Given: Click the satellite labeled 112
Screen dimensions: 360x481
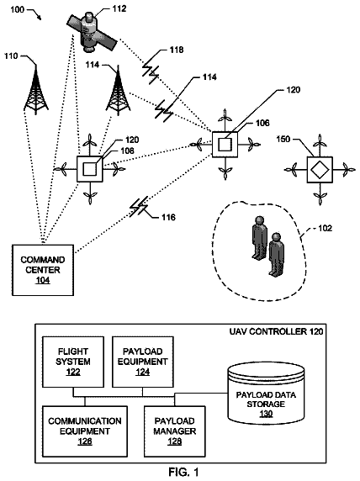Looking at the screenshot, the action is pyautogui.click(x=92, y=32).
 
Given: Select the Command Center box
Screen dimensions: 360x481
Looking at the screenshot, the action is pyautogui.click(x=43, y=270).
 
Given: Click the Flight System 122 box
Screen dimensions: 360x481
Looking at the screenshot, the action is pyautogui.click(x=73, y=362).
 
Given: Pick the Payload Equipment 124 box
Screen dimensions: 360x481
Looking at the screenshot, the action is pyautogui.click(x=143, y=362).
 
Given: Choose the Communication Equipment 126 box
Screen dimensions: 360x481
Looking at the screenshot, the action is pyautogui.click(x=85, y=431).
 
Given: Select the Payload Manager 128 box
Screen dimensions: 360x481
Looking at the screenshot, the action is pyautogui.click(x=175, y=431).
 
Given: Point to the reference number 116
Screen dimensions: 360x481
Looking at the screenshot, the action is pyautogui.click(x=168, y=218).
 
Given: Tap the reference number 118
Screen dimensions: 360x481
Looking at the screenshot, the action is pyautogui.click(x=177, y=50).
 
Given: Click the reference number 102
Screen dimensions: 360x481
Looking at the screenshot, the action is pyautogui.click(x=325, y=228).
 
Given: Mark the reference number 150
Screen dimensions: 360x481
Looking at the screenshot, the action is pyautogui.click(x=283, y=139).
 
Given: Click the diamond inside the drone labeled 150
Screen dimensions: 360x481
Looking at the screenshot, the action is pyautogui.click(x=320, y=170).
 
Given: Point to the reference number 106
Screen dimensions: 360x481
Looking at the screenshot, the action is pyautogui.click(x=262, y=123).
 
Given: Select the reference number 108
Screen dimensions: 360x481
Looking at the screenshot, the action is pyautogui.click(x=127, y=151).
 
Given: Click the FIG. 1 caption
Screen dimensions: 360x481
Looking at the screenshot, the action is pyautogui.click(x=184, y=472).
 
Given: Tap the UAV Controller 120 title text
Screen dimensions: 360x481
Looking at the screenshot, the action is pyautogui.click(x=276, y=331).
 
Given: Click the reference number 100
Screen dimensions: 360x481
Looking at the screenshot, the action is pyautogui.click(x=17, y=9).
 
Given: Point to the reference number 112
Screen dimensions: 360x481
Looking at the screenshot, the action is pyautogui.click(x=119, y=8).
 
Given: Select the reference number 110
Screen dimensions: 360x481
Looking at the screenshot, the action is pyautogui.click(x=11, y=56).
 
